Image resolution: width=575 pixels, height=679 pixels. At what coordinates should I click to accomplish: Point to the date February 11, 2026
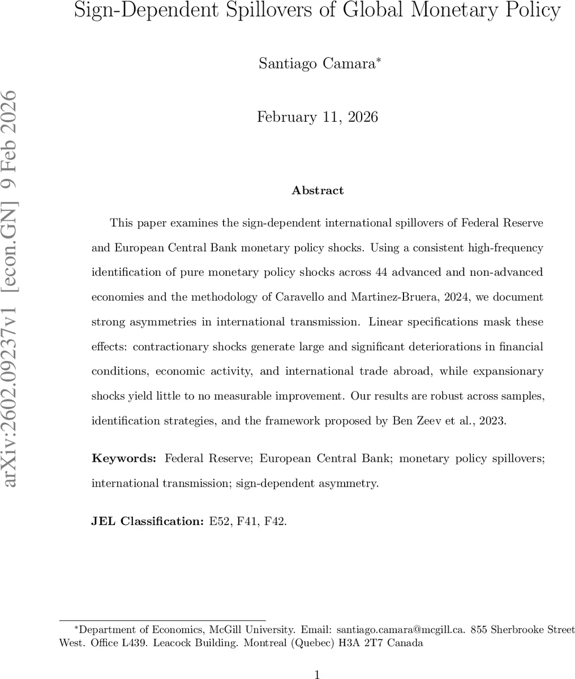(317, 117)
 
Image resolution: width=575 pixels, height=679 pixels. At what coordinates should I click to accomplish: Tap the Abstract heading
(317, 191)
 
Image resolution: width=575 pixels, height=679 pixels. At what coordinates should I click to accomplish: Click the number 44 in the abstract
(381, 272)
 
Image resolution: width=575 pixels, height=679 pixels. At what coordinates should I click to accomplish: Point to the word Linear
(386, 322)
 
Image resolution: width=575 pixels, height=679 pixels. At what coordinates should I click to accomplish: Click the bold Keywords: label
(124, 459)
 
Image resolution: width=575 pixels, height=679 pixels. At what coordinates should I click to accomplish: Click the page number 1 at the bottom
(317, 674)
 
